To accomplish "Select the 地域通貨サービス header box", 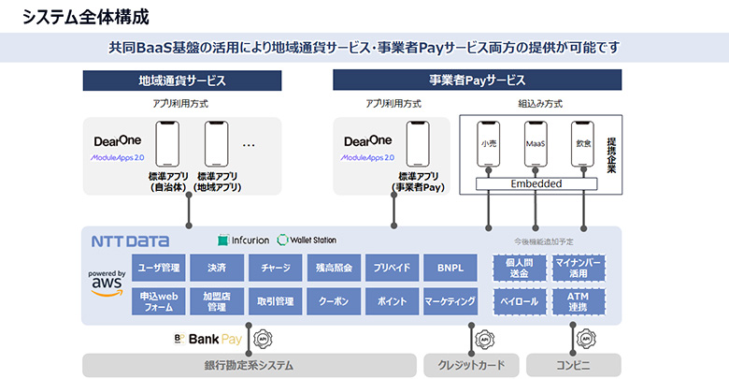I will click(182, 80).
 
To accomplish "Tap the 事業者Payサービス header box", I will click(477, 80).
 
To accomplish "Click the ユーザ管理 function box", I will click(159, 268).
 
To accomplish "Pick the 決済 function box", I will click(217, 268).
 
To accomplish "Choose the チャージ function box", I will click(275, 268).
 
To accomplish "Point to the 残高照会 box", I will click(334, 268).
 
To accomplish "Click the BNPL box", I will click(450, 268).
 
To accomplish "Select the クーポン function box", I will click(334, 301).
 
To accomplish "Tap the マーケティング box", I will click(450, 301).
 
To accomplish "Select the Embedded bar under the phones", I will click(536, 183).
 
